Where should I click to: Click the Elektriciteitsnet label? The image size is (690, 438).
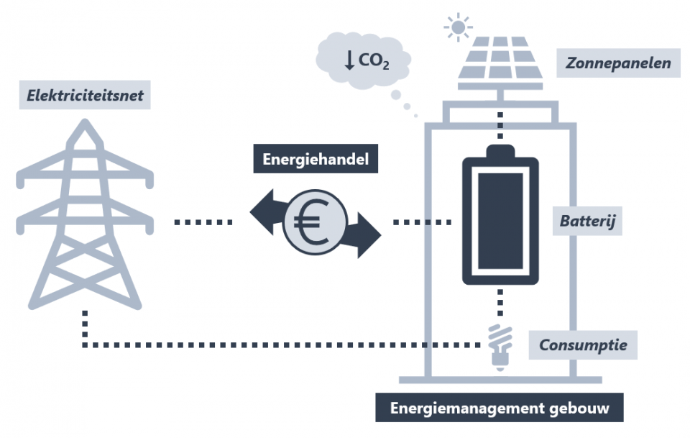[86, 94]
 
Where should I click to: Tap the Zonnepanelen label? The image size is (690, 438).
[618, 63]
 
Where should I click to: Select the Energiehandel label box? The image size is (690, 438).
[316, 160]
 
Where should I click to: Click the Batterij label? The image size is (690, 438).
[589, 222]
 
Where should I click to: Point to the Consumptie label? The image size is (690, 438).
[584, 345]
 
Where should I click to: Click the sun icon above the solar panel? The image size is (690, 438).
[458, 27]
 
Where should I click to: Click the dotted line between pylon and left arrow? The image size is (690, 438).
[203, 222]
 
